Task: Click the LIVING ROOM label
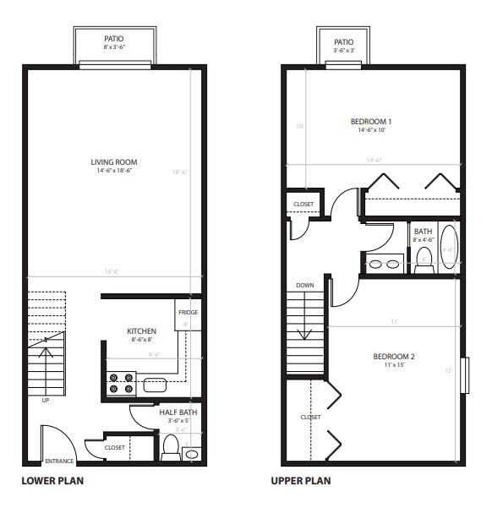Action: tap(114, 162)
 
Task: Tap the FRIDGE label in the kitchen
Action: tap(188, 313)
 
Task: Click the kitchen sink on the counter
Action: tap(155, 385)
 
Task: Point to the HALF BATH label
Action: tap(178, 412)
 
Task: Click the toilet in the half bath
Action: tap(169, 445)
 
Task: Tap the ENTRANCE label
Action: tap(59, 462)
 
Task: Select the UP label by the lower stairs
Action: tap(46, 401)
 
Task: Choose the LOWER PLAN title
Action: tap(52, 481)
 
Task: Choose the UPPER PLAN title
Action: tap(300, 481)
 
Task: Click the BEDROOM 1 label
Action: tap(371, 122)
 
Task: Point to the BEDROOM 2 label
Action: tap(394, 357)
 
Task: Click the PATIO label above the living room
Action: tap(114, 39)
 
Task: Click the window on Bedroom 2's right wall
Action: tap(464, 375)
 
